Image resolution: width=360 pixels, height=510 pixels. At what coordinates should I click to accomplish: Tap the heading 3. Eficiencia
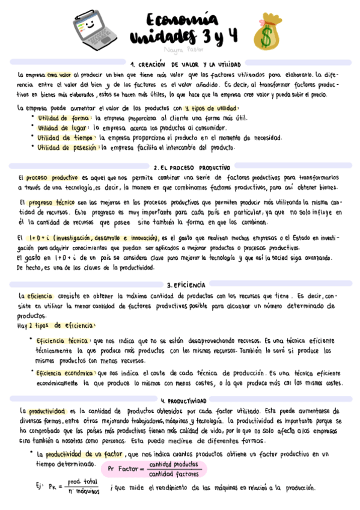point(186,284)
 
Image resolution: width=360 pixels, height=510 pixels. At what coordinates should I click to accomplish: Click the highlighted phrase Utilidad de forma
point(64,118)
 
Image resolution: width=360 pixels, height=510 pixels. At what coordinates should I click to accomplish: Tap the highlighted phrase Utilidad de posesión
point(67,147)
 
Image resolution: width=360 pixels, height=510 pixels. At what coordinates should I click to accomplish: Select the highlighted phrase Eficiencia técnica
point(62,340)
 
